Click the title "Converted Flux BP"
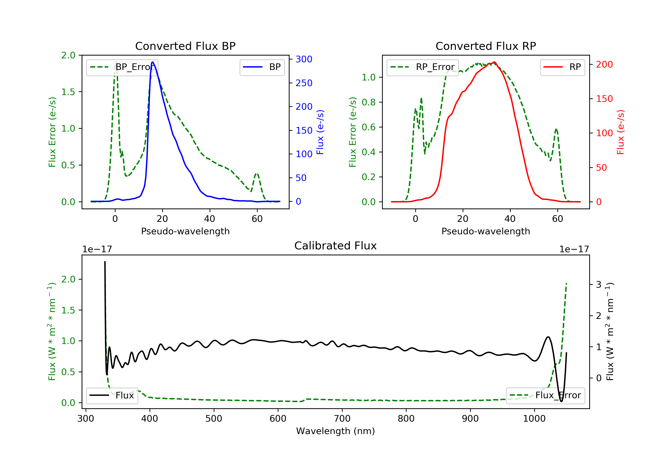(x=185, y=46)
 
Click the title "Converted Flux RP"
(x=486, y=46)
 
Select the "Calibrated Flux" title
(x=336, y=246)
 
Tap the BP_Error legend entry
(x=122, y=67)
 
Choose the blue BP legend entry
(x=262, y=67)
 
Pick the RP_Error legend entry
(x=422, y=67)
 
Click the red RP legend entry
(x=562, y=67)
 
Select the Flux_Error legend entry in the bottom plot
(x=545, y=395)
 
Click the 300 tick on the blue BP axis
(x=304, y=59)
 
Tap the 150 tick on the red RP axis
(x=604, y=99)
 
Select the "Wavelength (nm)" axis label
(x=336, y=431)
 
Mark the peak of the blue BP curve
(x=153, y=62)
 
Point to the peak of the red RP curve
(x=494, y=62)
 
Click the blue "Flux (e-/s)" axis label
(x=320, y=132)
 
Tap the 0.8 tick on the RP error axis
(x=368, y=102)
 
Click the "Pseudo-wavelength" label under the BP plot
(x=185, y=231)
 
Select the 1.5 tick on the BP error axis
(x=68, y=92)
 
